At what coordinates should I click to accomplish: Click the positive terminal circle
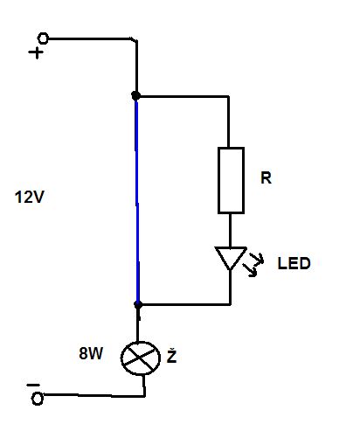point(43,38)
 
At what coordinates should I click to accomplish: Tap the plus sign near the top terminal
point(36,52)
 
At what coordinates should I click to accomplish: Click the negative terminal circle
point(38,399)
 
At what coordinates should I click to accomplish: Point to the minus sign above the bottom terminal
point(33,386)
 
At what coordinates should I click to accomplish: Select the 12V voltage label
point(30,197)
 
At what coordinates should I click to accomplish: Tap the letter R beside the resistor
point(266,177)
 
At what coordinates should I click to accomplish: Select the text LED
point(294,263)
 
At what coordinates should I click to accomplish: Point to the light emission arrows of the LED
point(253,264)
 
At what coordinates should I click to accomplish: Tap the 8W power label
point(91,353)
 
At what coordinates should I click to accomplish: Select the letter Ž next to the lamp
point(171,357)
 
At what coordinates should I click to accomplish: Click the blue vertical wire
point(136,200)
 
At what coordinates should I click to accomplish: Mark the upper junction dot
point(135,95)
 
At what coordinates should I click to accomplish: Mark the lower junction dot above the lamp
point(138,304)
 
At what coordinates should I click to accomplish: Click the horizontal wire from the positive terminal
point(91,38)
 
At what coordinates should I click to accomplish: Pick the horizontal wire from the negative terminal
point(94,396)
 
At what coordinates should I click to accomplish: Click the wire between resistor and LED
point(230,230)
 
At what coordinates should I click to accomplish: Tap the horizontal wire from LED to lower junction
point(185,304)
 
